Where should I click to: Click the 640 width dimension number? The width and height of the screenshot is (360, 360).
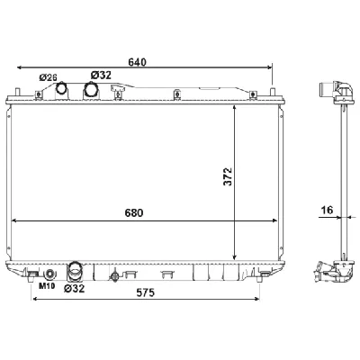tap(137, 62)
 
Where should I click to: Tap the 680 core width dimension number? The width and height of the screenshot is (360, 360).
tap(134, 212)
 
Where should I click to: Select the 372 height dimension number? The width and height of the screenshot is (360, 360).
tap(228, 176)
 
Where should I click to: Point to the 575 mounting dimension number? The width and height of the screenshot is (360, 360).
tap(145, 292)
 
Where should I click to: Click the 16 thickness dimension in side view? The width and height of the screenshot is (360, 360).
tap(327, 210)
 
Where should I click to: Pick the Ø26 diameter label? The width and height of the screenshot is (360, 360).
tap(48, 77)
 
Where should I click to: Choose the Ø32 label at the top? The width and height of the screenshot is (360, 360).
tap(101, 75)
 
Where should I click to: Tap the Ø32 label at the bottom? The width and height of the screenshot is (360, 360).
tap(75, 288)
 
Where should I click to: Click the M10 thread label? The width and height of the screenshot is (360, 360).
tap(47, 286)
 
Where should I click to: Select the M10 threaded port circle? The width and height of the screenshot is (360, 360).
tap(50, 274)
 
